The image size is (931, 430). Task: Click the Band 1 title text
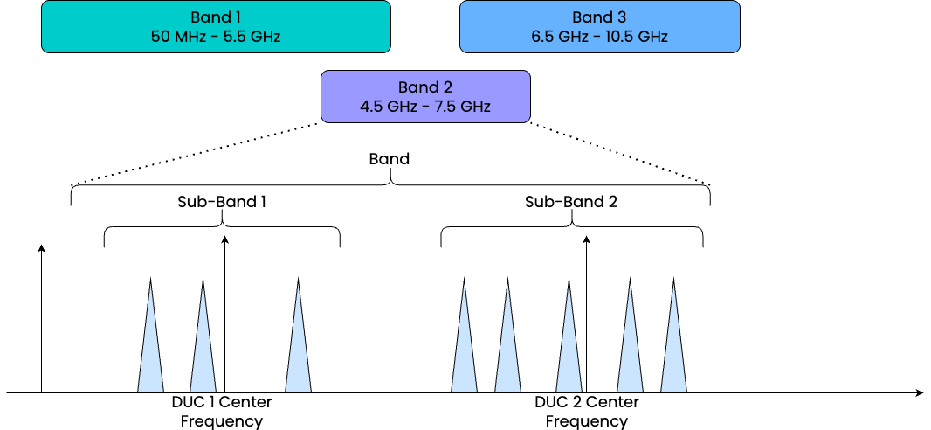[x=216, y=17]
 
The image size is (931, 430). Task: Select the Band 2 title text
[x=425, y=87]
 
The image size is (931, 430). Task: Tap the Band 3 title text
[x=599, y=17]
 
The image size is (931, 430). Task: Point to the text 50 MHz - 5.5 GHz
[x=216, y=37]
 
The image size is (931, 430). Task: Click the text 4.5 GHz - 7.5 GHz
[x=425, y=107]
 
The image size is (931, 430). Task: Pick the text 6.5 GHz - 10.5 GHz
[x=599, y=37]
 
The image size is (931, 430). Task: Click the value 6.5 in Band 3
[x=543, y=37]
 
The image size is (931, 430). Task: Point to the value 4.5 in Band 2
[x=371, y=107]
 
